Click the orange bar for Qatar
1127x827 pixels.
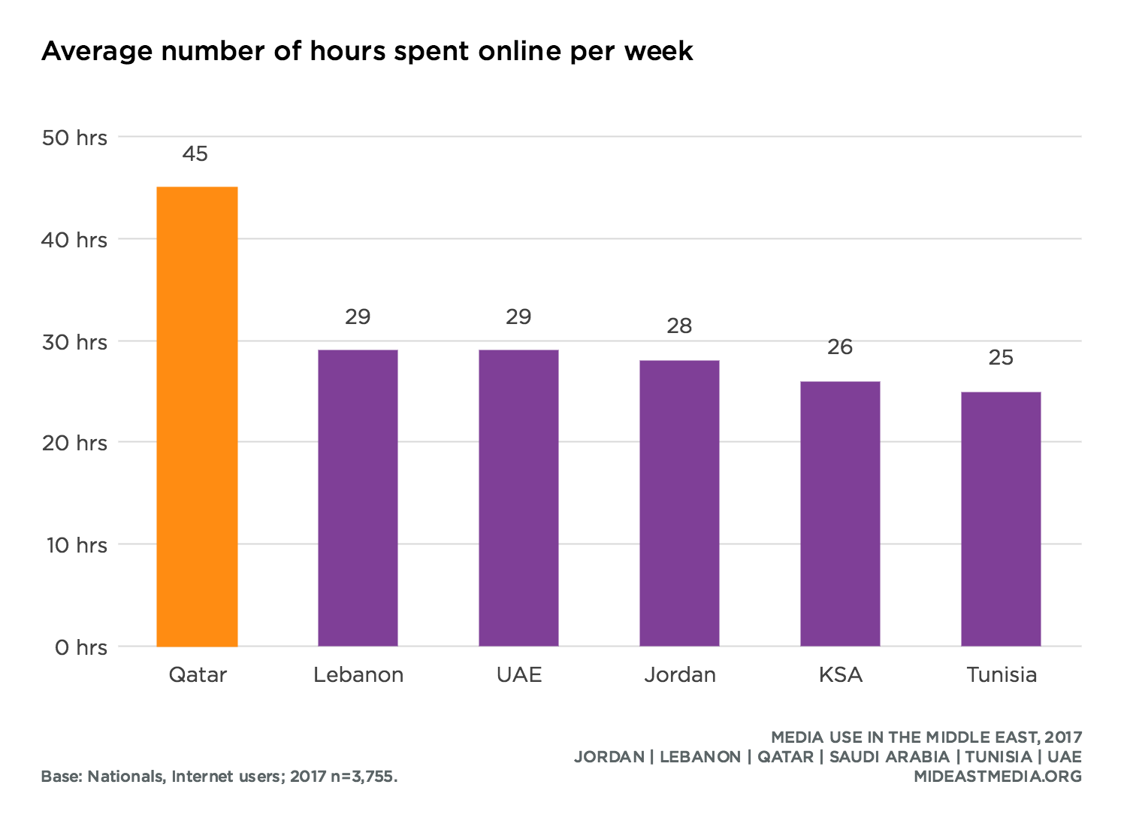(x=197, y=417)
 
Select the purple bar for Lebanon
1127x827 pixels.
(x=358, y=498)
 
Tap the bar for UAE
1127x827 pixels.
(x=518, y=498)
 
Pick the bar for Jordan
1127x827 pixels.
(x=679, y=503)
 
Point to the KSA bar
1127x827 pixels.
(x=840, y=513)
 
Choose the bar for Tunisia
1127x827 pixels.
(x=1001, y=519)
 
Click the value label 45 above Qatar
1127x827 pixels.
(x=195, y=154)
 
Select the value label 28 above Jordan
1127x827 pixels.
(x=679, y=326)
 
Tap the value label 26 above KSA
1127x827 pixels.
(x=840, y=347)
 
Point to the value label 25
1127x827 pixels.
(x=1001, y=358)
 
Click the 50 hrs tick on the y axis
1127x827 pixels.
(x=74, y=138)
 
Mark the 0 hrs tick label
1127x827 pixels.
(x=80, y=647)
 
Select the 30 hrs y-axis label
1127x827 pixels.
(x=74, y=342)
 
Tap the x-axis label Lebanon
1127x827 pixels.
(x=358, y=675)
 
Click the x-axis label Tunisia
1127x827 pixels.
(x=1002, y=675)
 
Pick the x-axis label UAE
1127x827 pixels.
(x=519, y=675)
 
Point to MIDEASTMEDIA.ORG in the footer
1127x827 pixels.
(x=998, y=777)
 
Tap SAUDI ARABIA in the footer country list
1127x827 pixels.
(x=889, y=757)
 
